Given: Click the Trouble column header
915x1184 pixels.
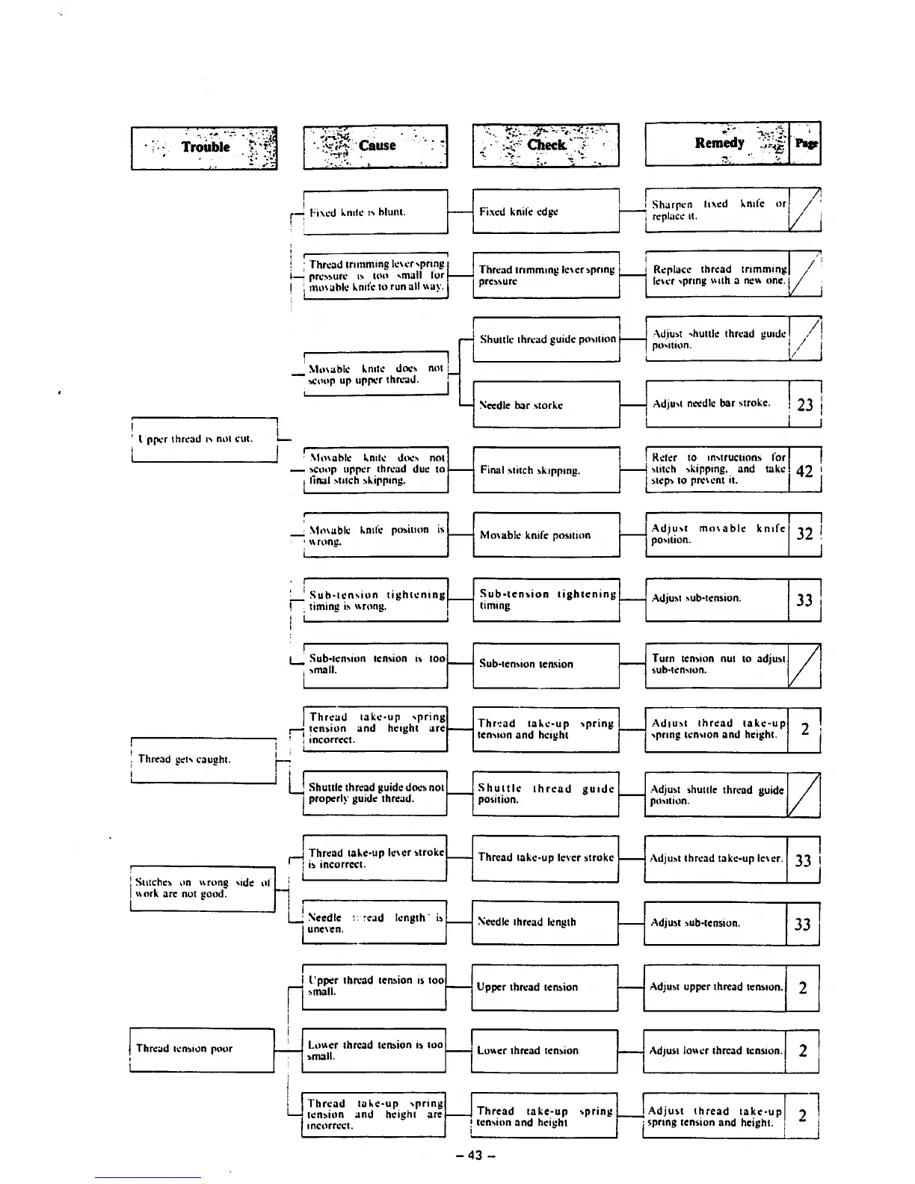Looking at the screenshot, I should click(x=204, y=147).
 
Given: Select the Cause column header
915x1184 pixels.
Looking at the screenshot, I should click(x=375, y=146).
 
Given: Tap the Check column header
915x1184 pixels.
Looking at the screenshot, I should click(x=546, y=144).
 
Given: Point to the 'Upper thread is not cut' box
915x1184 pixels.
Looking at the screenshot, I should click(x=204, y=440).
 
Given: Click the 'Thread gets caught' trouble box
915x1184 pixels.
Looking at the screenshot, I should click(x=204, y=759).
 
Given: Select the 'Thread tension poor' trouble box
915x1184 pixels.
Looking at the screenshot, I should click(x=203, y=1049).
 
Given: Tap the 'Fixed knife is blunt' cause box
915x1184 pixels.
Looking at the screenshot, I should click(x=375, y=212).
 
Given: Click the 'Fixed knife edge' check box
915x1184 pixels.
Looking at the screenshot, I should click(x=546, y=212).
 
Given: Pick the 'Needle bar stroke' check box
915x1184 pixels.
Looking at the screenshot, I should click(x=546, y=405).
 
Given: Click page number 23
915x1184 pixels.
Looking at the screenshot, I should click(x=805, y=404).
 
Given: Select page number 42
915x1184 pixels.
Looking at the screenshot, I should click(x=805, y=470).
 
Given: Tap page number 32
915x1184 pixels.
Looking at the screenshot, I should click(x=805, y=534).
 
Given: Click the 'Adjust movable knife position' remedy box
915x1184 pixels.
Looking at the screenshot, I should click(x=717, y=534).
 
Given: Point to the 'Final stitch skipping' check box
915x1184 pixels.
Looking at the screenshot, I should click(x=546, y=470).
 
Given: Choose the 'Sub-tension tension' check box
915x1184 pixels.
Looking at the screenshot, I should click(x=546, y=665).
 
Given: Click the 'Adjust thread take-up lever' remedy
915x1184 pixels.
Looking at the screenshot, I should click(x=715, y=859).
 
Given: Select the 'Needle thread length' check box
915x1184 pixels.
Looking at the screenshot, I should click(x=545, y=922).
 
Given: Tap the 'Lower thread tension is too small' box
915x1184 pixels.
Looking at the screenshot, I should click(x=375, y=1050).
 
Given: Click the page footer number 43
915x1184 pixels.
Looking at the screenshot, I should click(x=475, y=1156).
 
